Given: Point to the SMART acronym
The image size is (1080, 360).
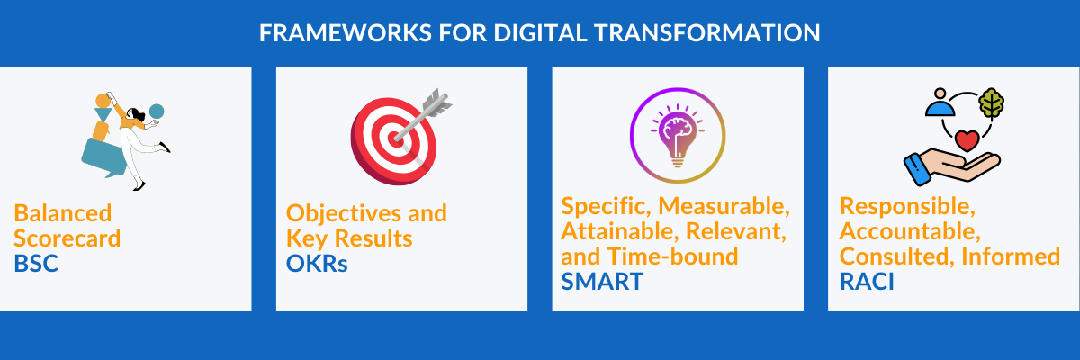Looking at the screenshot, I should click(x=602, y=281).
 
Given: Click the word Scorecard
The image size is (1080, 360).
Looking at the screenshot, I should click(x=67, y=238).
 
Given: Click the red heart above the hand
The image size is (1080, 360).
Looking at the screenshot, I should click(x=967, y=141).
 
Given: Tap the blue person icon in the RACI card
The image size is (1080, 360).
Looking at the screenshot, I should click(x=940, y=103).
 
